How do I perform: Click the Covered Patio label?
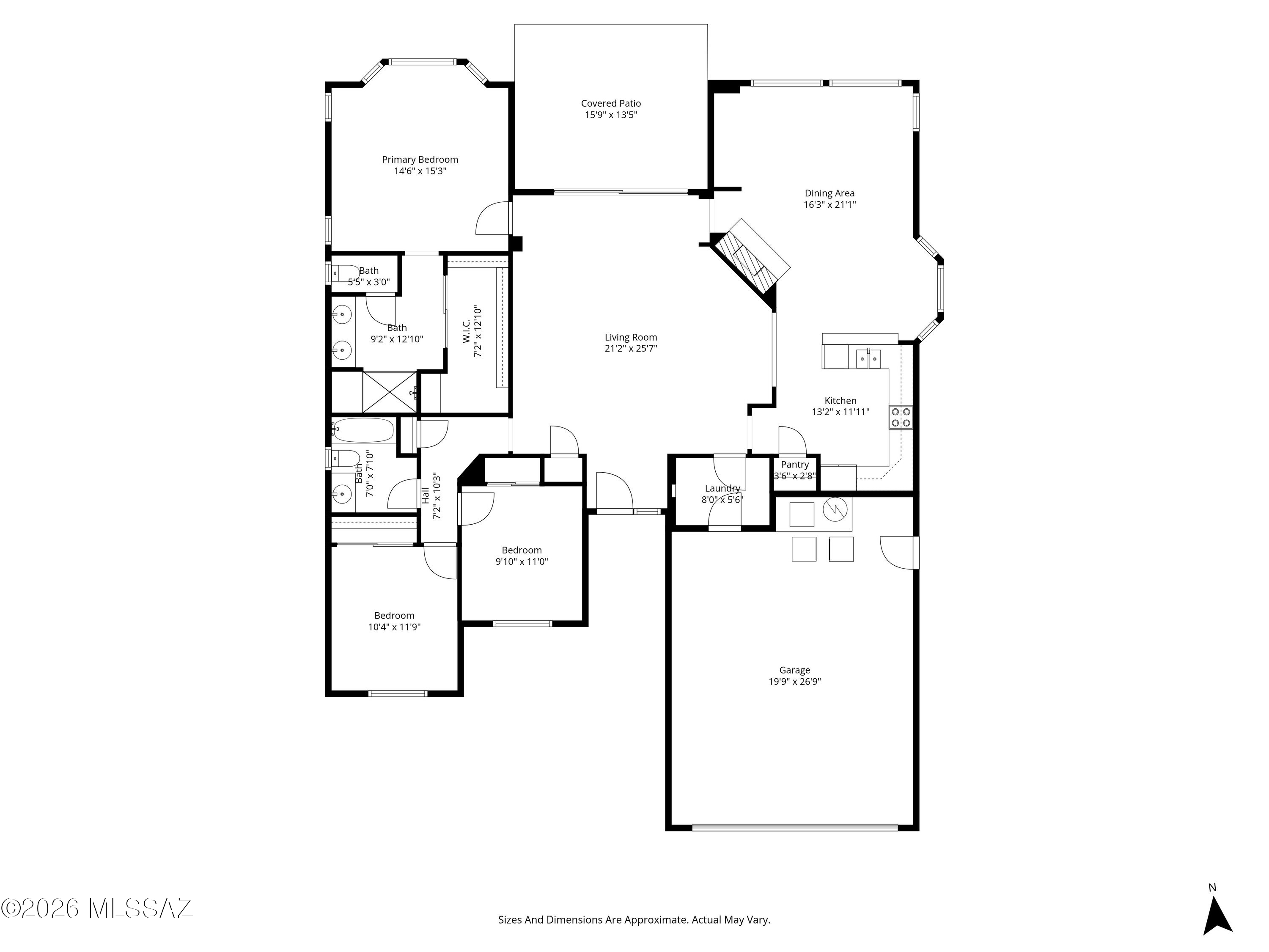(x=611, y=103)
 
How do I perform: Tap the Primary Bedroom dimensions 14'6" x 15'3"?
(x=420, y=171)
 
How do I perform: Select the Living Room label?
(x=631, y=337)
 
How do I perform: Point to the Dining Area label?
(x=830, y=193)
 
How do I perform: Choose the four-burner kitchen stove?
(x=901, y=417)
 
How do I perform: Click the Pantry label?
(x=794, y=465)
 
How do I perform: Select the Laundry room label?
(x=722, y=488)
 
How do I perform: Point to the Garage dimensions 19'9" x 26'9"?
(x=794, y=682)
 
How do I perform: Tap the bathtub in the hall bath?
(x=364, y=430)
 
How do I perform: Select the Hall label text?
(x=426, y=496)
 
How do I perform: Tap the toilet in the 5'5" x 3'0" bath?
(x=345, y=273)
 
